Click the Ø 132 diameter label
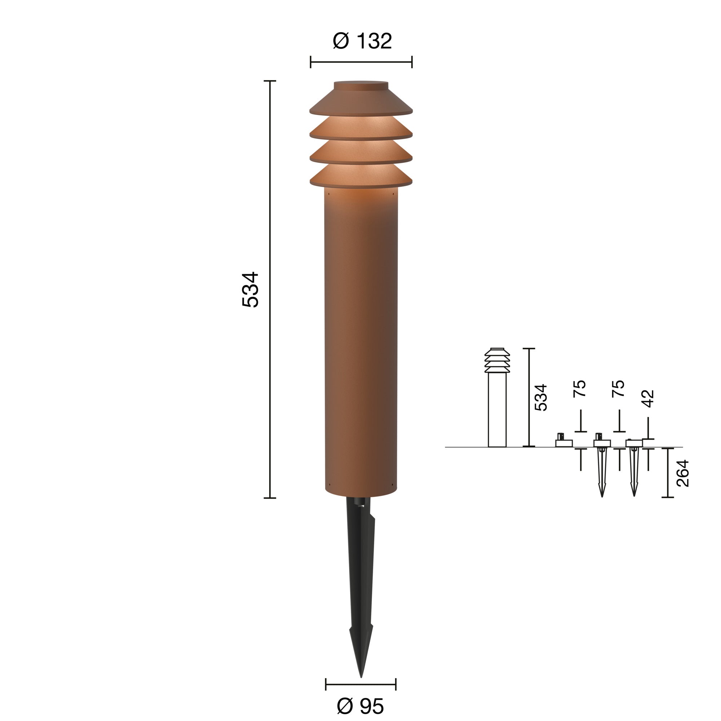click(x=362, y=41)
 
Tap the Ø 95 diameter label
click(x=360, y=706)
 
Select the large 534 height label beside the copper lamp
click(x=251, y=289)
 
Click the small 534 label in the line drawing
click(x=541, y=397)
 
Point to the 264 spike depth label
click(x=682, y=473)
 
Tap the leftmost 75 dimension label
click(x=580, y=389)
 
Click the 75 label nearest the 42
click(x=618, y=389)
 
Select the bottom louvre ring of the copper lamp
click(x=361, y=176)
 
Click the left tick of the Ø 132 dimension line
click(x=310, y=62)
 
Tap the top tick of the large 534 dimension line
click(x=270, y=81)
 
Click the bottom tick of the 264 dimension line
click(x=668, y=497)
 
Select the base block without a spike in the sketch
click(x=563, y=443)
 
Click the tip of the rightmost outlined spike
click(x=634, y=496)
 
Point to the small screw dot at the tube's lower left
click(x=329, y=485)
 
